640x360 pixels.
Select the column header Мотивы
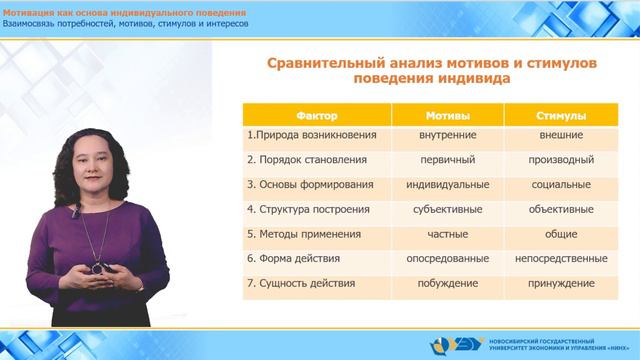pyautogui.click(x=434, y=116)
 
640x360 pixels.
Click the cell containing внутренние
pyautogui.click(x=434, y=133)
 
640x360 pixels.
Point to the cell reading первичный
pyautogui.click(x=434, y=159)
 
